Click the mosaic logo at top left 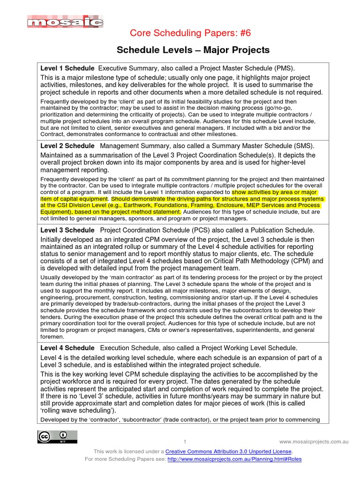(x=65, y=22)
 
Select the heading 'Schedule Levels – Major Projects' (x=193, y=50)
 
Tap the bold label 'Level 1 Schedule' (x=67, y=68)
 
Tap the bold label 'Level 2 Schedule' (x=67, y=146)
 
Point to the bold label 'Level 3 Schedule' (x=67, y=230)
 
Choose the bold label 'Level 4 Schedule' (x=67, y=348)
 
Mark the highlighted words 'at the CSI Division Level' (x=80, y=205)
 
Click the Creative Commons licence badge (x=57, y=436)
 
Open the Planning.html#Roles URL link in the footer (x=234, y=459)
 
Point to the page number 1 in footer (x=185, y=442)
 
